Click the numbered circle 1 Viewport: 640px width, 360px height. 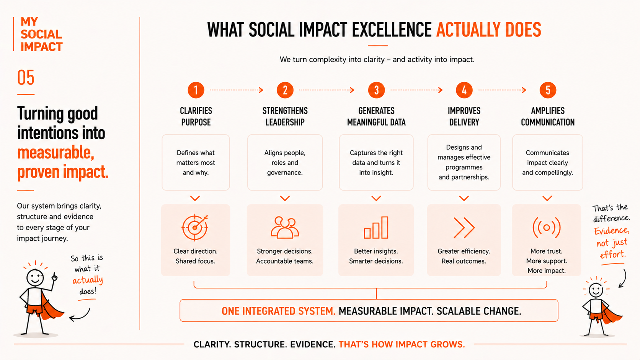(196, 90)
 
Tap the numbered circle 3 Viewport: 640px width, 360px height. (376, 90)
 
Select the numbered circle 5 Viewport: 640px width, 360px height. (548, 90)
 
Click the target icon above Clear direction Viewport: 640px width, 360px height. (195, 227)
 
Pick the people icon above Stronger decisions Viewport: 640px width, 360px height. (285, 227)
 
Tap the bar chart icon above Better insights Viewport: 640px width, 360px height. (376, 227)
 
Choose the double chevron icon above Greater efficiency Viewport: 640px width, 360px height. (464, 228)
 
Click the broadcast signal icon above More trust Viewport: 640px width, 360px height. (547, 228)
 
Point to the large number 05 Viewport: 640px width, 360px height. (26, 78)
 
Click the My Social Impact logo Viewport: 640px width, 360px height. (41, 34)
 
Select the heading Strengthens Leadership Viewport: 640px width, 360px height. (285, 116)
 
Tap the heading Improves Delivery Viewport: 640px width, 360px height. (464, 116)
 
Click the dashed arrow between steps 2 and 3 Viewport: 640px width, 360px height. (327, 90)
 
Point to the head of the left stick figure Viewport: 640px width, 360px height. (35, 277)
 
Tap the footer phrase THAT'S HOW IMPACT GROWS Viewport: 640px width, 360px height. (402, 344)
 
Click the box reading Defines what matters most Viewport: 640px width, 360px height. (196, 163)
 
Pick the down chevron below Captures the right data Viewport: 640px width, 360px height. (376, 198)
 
